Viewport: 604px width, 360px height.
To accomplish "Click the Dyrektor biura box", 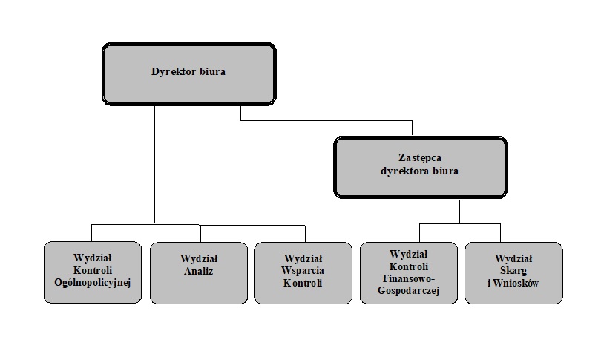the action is pos(188,74).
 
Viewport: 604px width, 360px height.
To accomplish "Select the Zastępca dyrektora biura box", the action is pos(420,167).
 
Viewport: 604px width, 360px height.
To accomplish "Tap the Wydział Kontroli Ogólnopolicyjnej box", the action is pos(93,272).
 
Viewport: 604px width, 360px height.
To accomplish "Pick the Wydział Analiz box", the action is pos(199,273).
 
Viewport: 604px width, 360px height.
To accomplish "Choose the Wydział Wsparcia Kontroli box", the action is pos(303,273).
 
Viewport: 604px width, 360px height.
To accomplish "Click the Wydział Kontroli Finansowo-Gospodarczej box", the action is pos(409,273).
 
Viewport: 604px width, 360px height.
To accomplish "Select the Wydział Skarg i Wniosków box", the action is pos(513,273).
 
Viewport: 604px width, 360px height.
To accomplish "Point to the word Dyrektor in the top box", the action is pos(174,72).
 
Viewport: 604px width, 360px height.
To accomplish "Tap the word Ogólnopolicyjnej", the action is pos(93,283).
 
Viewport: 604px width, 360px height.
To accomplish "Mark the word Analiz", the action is pos(198,271).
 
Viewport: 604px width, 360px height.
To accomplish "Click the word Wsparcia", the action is pos(303,271).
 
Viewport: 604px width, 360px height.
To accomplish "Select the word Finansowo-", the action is pos(409,278).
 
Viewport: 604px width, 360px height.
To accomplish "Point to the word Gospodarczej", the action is pos(408,291).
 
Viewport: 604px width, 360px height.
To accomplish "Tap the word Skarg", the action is pos(513,271).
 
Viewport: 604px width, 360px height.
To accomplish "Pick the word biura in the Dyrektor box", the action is pos(212,71).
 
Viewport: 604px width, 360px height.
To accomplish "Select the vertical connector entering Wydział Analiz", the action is pos(200,234).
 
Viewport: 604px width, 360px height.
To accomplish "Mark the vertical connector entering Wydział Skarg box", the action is pos(500,233).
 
